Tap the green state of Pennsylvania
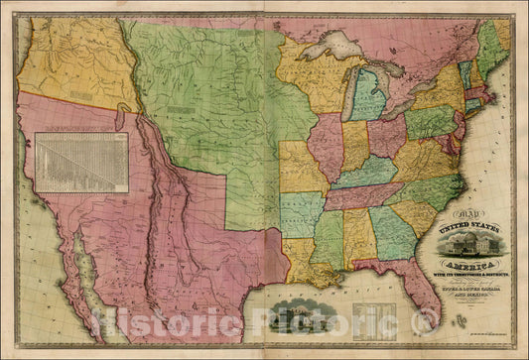(x=429, y=121)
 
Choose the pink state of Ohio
(x=387, y=134)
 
